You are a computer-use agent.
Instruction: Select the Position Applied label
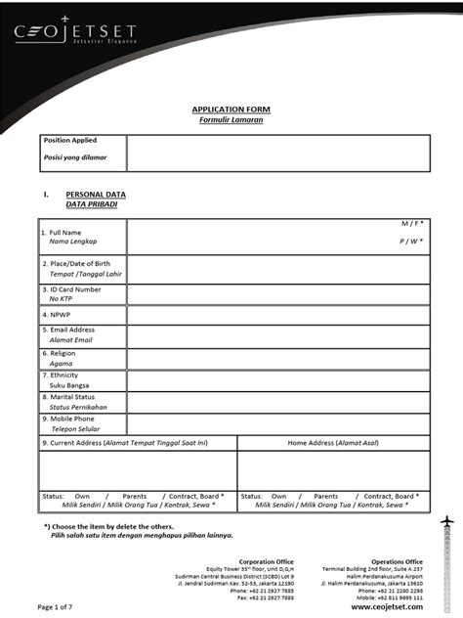click(69, 141)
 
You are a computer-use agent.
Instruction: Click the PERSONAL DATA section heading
click(96, 195)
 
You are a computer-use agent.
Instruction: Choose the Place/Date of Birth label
click(75, 264)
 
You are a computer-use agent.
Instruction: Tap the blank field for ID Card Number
click(278, 295)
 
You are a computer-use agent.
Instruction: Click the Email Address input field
click(278, 335)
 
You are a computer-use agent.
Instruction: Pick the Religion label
click(62, 353)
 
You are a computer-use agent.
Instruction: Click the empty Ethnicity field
click(278, 379)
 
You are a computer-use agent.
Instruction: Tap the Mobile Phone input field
click(278, 423)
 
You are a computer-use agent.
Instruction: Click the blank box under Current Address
click(137, 469)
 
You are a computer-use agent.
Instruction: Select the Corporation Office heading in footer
click(266, 561)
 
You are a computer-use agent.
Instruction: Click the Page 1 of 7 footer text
click(60, 607)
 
